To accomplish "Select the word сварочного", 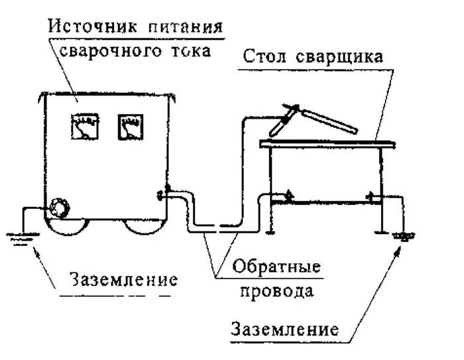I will [113, 50].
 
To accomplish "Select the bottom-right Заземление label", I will [285, 330].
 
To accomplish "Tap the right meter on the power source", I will [130, 127].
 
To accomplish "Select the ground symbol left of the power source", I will [19, 237].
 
